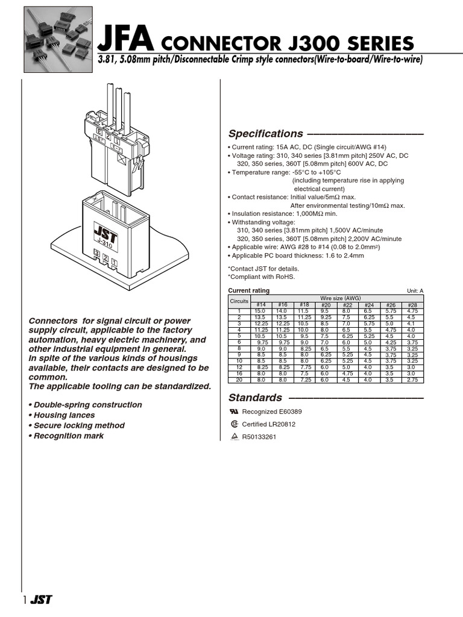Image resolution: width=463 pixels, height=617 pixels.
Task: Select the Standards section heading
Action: tap(255, 398)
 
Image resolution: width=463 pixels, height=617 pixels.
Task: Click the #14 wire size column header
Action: tap(260, 305)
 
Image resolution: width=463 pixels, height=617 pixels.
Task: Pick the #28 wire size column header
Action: tap(412, 305)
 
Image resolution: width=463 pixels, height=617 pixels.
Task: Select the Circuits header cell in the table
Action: tap(239, 301)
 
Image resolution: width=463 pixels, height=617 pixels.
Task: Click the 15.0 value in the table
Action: tap(260, 311)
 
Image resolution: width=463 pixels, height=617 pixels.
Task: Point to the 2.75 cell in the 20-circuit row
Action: tap(412, 380)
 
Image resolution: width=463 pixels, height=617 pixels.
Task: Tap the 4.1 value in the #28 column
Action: tap(412, 324)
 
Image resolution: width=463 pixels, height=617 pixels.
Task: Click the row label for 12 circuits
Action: tap(239, 368)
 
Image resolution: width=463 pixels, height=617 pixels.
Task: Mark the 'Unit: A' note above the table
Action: tap(415, 291)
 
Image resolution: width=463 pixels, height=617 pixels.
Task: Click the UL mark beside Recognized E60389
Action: tap(234, 412)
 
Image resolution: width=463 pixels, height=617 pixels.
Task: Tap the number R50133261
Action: tap(259, 437)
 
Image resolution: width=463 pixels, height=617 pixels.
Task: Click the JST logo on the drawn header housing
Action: tap(105, 233)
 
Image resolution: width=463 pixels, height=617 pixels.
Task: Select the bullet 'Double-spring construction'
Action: tap(85, 405)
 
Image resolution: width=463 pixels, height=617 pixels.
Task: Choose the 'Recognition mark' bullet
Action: tap(66, 436)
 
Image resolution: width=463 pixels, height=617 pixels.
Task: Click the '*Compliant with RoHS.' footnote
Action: tap(261, 277)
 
